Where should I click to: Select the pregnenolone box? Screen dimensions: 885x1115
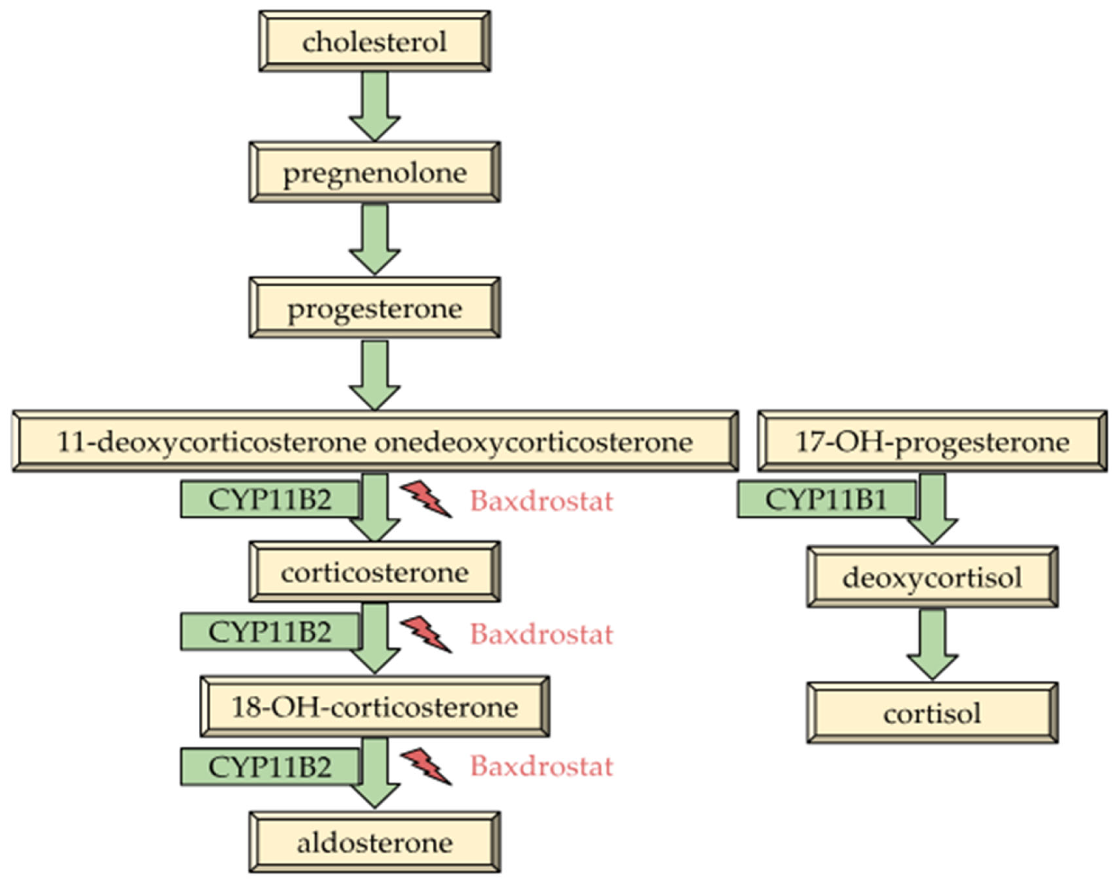coord(375,172)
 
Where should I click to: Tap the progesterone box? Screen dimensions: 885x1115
coord(375,308)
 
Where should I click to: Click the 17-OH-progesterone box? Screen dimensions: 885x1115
coord(932,441)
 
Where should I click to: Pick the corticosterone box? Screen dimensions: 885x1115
coord(375,572)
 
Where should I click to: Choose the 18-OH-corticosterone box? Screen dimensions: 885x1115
coord(375,707)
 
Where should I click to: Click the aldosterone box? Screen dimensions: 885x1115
coord(375,843)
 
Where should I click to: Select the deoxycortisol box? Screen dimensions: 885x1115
coord(932,577)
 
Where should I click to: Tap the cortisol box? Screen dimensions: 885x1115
coord(932,713)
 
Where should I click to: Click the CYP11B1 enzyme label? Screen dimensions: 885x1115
coord(826,500)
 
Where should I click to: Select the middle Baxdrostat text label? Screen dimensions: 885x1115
coord(541,634)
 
